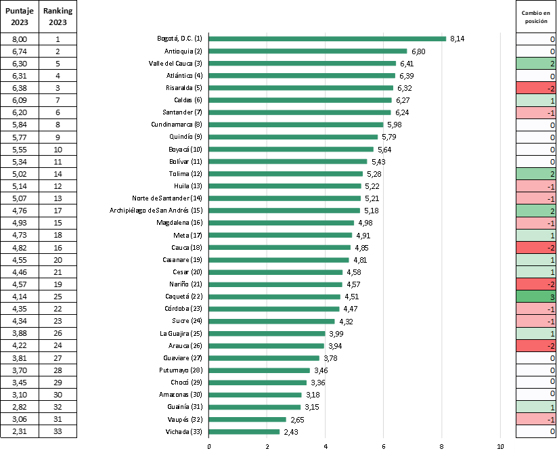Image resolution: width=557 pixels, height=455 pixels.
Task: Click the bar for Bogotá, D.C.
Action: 328,39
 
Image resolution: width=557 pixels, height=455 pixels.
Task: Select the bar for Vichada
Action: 244,432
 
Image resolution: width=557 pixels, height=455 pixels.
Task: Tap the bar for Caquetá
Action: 275,297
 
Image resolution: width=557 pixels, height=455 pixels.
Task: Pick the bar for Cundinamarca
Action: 296,125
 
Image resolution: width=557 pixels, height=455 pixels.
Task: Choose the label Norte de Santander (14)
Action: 171,198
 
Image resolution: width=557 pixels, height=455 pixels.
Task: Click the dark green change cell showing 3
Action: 536,297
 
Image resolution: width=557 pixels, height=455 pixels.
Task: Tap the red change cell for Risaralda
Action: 536,88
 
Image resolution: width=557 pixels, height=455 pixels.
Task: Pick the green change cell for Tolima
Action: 536,174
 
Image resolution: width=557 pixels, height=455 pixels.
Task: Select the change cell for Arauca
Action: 536,345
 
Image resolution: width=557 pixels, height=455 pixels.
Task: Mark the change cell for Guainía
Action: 536,407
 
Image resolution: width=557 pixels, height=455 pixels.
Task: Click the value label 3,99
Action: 337,333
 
